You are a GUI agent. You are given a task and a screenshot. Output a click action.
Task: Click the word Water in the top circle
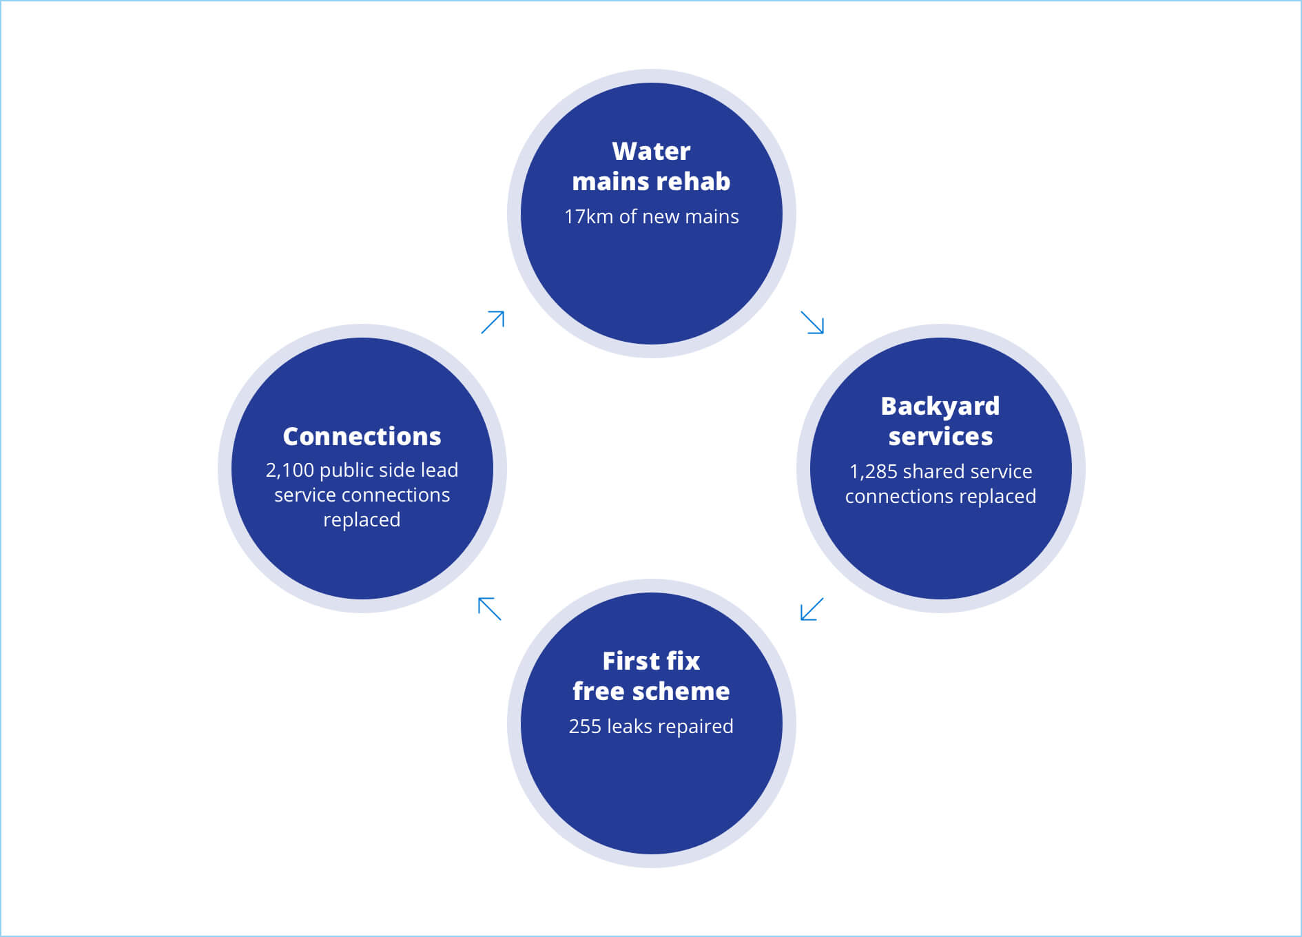click(651, 151)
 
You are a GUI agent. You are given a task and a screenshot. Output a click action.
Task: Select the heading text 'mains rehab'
click(651, 181)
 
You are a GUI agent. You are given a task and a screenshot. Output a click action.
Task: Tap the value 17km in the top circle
click(588, 216)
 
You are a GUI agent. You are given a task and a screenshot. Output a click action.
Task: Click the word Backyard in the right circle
click(940, 406)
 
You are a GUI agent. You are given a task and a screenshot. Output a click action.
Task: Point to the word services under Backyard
click(940, 436)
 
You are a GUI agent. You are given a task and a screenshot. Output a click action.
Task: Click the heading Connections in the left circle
click(362, 436)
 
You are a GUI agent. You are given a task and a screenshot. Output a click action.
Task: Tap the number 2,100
click(289, 470)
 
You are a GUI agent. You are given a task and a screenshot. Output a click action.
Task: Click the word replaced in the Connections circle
click(362, 519)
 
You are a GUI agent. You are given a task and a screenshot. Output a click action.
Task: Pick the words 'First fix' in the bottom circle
click(651, 661)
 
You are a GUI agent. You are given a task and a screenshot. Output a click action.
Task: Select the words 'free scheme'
click(651, 691)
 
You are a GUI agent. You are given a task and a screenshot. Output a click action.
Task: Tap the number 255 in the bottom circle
click(585, 726)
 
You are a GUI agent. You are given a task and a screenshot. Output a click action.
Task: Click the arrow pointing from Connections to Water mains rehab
click(493, 322)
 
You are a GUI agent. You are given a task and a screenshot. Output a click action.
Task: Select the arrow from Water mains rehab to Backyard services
click(812, 322)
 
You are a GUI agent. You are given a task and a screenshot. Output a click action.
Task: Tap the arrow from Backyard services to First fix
click(812, 609)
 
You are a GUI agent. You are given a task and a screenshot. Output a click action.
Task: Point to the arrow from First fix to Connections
click(490, 609)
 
